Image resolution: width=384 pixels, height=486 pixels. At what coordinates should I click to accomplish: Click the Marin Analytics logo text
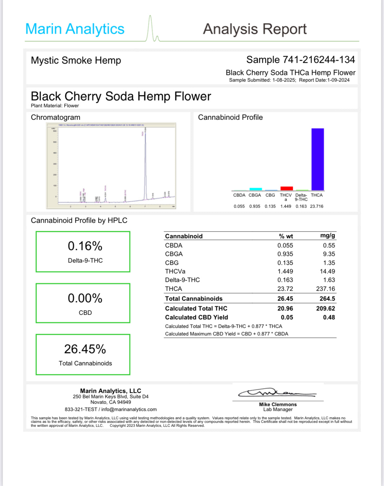[75, 29]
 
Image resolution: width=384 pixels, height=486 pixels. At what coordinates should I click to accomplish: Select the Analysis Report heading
[255, 29]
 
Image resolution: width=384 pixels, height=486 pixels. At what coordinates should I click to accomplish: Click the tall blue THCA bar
[317, 159]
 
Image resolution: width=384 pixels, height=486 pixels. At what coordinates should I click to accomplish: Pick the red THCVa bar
[287, 188]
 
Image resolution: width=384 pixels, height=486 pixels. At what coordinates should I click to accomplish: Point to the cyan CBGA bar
[256, 189]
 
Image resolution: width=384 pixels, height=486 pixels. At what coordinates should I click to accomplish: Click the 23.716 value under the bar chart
[316, 206]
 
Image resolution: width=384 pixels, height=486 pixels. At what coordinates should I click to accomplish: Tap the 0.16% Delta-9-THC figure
[85, 246]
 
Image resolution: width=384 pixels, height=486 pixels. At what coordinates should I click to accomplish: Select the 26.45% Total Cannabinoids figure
[85, 349]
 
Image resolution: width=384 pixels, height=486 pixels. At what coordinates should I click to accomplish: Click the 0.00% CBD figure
[85, 298]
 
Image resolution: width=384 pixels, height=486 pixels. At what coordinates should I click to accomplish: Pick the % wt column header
[286, 236]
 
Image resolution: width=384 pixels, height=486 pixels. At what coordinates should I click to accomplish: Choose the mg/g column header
[328, 235]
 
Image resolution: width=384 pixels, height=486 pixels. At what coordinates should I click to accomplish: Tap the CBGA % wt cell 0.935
[285, 254]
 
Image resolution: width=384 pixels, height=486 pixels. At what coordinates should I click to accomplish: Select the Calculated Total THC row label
[196, 308]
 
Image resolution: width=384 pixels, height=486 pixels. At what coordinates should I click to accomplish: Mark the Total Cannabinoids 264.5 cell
[327, 298]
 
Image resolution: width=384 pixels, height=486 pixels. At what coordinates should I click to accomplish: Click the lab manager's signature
[277, 393]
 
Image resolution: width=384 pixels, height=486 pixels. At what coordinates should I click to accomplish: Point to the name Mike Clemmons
[278, 404]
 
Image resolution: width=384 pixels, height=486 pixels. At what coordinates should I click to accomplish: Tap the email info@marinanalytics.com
[129, 409]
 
